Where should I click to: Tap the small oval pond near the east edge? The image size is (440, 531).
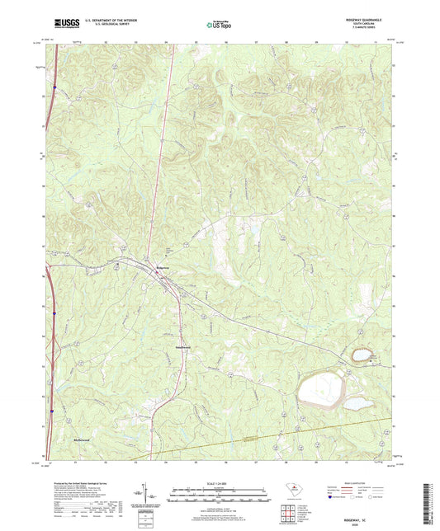coord(362,355)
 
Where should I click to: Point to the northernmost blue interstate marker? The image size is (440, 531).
coord(53,86)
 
